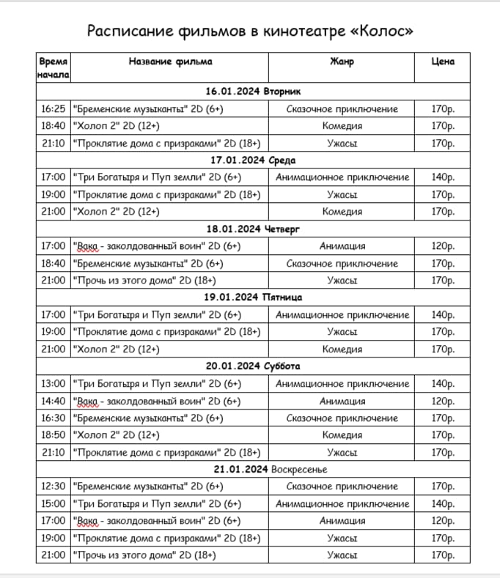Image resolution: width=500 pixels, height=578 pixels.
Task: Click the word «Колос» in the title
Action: (x=378, y=32)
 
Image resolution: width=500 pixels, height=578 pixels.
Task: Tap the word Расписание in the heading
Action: (x=129, y=32)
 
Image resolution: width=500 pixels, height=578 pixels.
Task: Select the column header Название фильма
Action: (x=170, y=62)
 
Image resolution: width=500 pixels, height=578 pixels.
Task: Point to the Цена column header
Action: (x=444, y=62)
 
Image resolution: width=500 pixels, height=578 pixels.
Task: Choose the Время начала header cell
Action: (x=54, y=67)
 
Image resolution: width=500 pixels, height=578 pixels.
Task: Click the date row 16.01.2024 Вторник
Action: (x=254, y=92)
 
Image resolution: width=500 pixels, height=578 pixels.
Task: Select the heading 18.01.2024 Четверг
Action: (x=254, y=229)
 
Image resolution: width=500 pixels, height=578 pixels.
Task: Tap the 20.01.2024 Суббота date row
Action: (x=254, y=366)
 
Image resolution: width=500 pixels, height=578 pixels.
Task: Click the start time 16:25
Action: (x=54, y=109)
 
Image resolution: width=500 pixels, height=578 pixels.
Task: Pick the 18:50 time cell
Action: (x=54, y=435)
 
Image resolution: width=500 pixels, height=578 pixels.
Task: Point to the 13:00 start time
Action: (x=54, y=384)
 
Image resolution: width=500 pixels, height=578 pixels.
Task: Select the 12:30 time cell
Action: (x=54, y=486)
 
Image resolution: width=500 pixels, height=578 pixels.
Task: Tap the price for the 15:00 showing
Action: (x=444, y=504)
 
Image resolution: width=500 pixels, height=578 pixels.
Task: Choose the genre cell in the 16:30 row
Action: (x=342, y=418)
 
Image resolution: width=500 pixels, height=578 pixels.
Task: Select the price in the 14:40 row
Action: (x=444, y=401)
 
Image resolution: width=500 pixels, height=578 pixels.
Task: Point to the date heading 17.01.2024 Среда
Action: (x=254, y=160)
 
